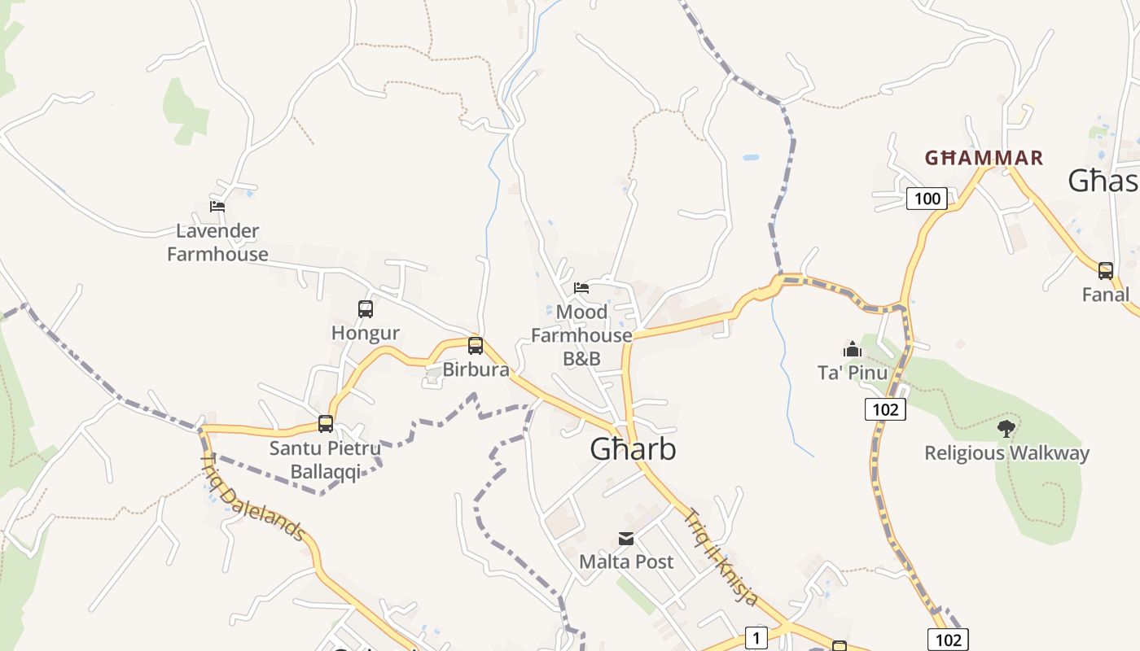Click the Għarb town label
633,449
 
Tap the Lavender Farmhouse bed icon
217,207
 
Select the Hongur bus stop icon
366,309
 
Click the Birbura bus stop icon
476,346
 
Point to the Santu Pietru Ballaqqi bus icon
326,424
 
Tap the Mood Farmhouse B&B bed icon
581,288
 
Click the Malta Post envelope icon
626,539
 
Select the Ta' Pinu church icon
853,349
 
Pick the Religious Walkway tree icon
1006,428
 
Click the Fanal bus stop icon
1106,271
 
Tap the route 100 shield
927,199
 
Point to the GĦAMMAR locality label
984,158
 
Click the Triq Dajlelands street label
252,498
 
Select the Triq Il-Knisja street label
721,557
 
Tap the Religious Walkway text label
1006,453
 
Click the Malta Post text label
626,561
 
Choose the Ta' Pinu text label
853,373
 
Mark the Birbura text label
476,369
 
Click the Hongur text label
366,333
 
